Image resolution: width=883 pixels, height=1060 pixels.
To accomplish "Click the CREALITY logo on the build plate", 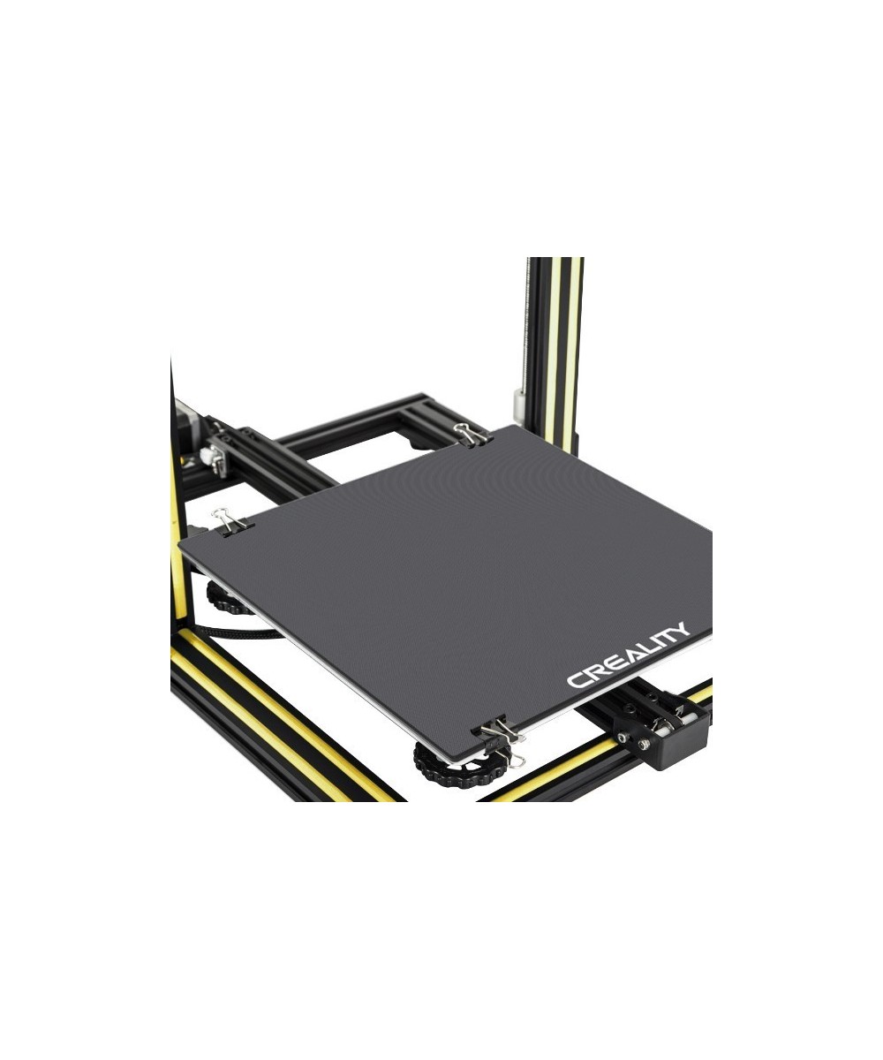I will click(628, 655).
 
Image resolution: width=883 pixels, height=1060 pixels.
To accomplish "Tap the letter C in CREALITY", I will click(576, 679).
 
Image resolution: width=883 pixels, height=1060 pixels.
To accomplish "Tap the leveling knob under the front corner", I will click(446, 765).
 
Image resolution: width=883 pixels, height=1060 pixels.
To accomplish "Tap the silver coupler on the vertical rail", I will click(519, 407).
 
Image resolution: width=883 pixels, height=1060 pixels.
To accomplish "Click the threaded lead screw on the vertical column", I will click(530, 327).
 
